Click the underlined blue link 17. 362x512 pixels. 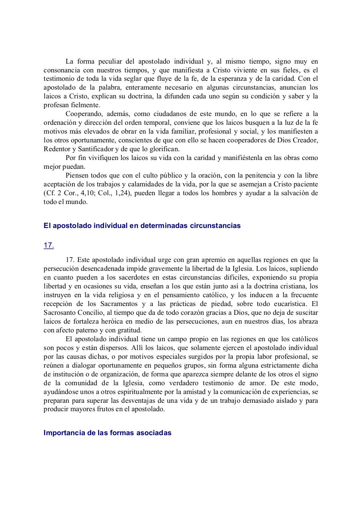click(x=48, y=246)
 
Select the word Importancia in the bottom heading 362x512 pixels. click(x=64, y=433)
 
